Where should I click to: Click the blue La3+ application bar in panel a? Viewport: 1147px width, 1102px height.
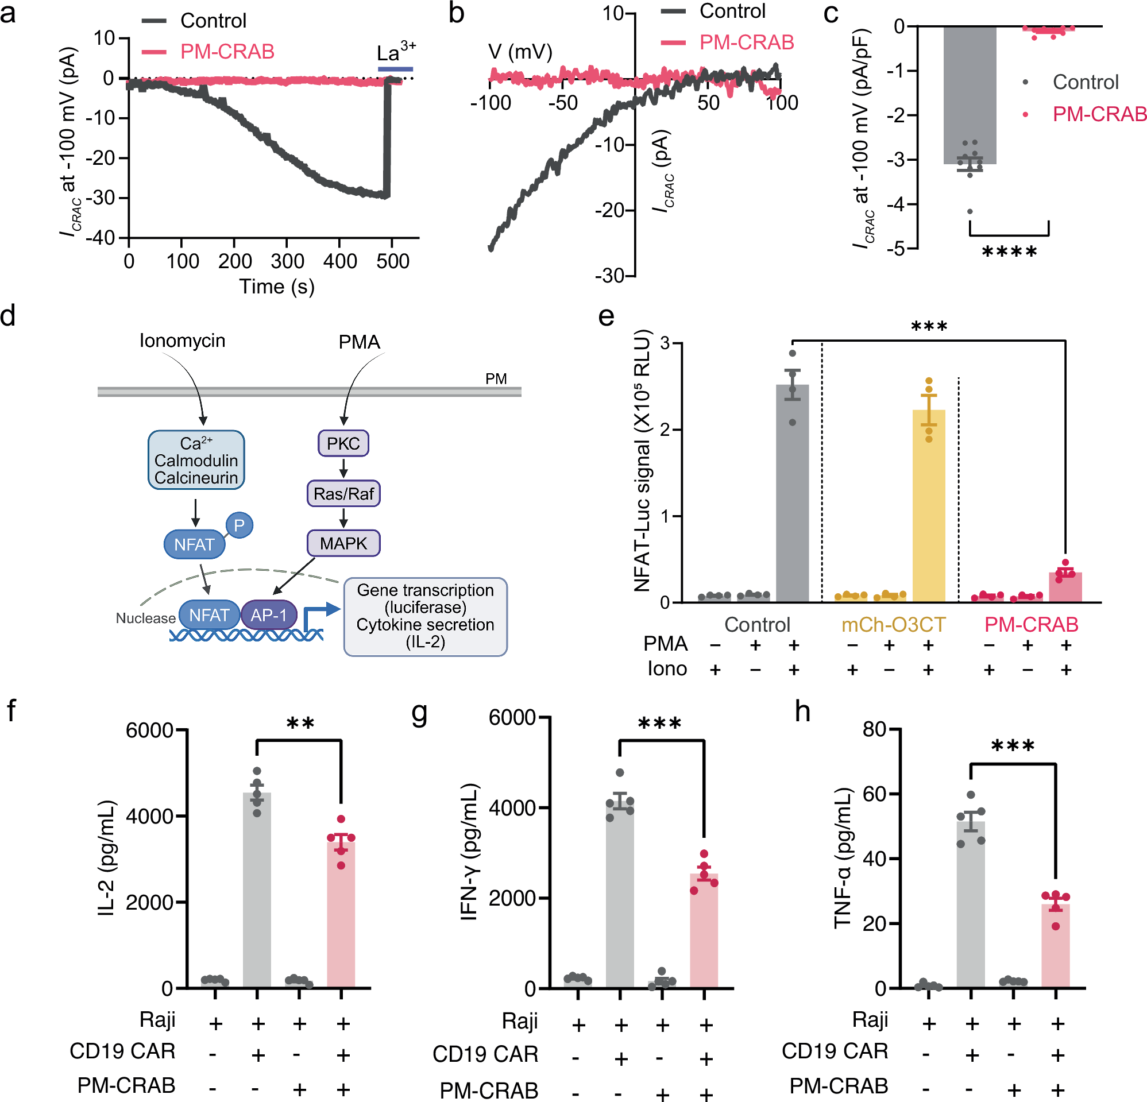coord(395,69)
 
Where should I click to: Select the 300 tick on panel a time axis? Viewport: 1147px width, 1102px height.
coord(287,261)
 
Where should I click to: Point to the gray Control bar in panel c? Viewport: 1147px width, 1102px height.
coord(969,94)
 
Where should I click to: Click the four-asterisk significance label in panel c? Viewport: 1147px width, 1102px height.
coord(1009,253)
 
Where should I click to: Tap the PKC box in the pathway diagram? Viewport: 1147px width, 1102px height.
coord(343,443)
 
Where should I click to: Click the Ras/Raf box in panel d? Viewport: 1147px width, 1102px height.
coord(343,493)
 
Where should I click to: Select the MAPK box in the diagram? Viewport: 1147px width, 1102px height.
coord(343,543)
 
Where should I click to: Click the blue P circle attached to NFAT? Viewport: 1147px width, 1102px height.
coord(239,525)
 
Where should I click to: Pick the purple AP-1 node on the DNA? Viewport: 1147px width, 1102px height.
coord(269,614)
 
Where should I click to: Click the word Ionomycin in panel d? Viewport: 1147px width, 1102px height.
coord(182,341)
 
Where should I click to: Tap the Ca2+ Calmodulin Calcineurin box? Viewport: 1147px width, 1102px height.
coord(196,460)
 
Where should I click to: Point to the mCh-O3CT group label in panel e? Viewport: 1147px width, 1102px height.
coord(893,624)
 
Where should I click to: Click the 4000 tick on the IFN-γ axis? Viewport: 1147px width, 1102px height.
coord(513,807)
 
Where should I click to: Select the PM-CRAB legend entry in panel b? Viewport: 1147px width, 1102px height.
coord(746,42)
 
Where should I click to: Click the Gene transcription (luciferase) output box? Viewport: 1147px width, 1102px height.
coord(426,616)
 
